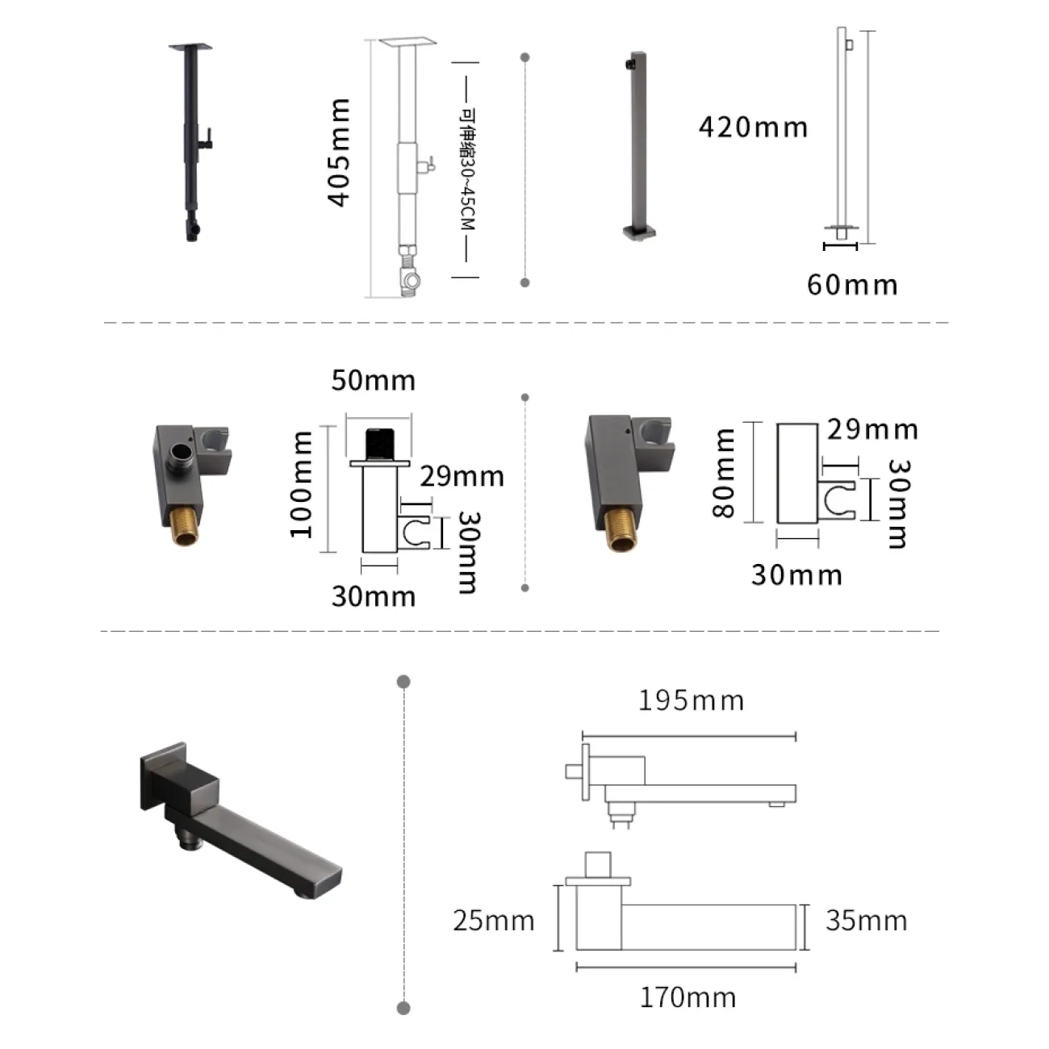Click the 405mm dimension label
[x=339, y=153]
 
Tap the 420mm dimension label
[x=754, y=127]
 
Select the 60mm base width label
[x=852, y=285]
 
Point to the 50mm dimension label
[x=374, y=380]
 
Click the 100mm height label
[x=301, y=484]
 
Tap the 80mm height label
[x=724, y=473]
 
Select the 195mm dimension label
[x=691, y=700]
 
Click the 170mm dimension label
[x=688, y=998]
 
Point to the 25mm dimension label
[x=494, y=921]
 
